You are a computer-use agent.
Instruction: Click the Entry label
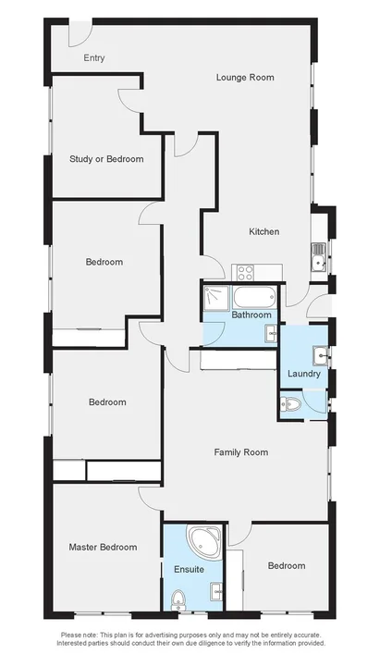[93, 58]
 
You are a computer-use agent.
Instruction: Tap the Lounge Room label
[245, 78]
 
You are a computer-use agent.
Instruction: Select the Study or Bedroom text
[106, 159]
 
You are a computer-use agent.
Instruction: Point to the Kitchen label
[264, 231]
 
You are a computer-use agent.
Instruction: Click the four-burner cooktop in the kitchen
[245, 272]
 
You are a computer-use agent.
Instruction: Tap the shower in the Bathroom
[215, 297]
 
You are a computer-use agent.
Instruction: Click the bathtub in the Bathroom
[252, 297]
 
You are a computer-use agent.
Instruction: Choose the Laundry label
[304, 374]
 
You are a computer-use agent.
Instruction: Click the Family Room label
[240, 452]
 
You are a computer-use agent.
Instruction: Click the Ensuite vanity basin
[215, 592]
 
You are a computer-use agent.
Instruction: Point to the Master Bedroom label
[103, 548]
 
